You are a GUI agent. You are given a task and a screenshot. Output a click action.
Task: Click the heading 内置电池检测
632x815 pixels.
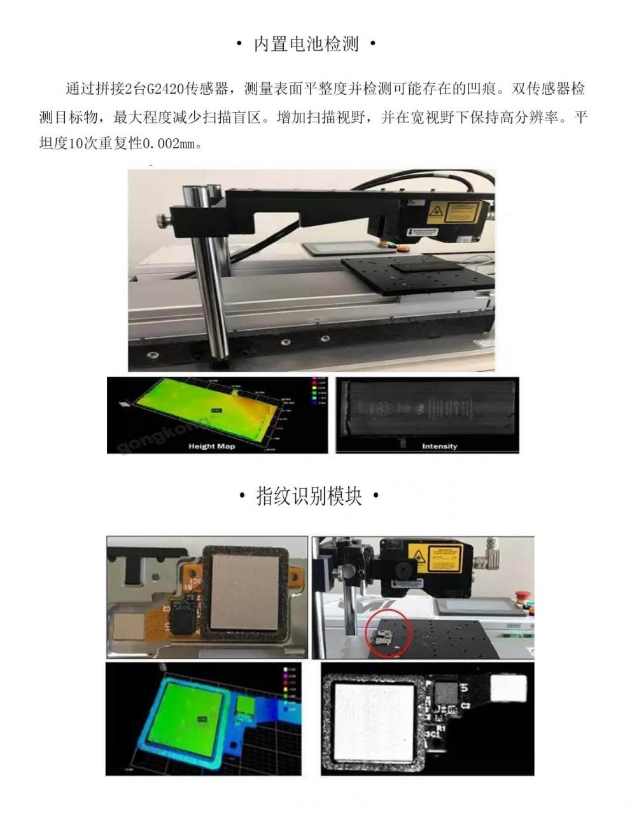(x=306, y=44)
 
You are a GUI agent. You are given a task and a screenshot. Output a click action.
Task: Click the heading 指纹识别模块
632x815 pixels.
(x=309, y=496)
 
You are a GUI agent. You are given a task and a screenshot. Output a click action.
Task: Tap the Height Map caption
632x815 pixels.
(x=211, y=446)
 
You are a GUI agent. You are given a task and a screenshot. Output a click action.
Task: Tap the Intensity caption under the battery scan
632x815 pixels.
(x=439, y=446)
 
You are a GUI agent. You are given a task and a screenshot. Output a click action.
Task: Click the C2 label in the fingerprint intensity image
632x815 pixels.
(x=465, y=705)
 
